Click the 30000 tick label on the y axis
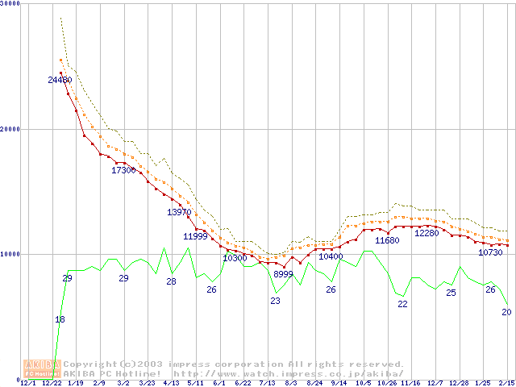(10, 3)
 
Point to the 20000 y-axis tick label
(10, 128)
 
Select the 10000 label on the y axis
(10, 253)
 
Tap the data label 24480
(60, 80)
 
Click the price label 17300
(123, 170)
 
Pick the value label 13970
(179, 212)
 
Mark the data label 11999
(195, 236)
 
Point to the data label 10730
(490, 252)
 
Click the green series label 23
(275, 301)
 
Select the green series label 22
(402, 304)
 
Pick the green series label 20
(506, 312)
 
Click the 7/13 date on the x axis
(267, 383)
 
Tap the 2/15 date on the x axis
(506, 383)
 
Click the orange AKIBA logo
(42, 368)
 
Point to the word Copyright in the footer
(89, 364)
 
